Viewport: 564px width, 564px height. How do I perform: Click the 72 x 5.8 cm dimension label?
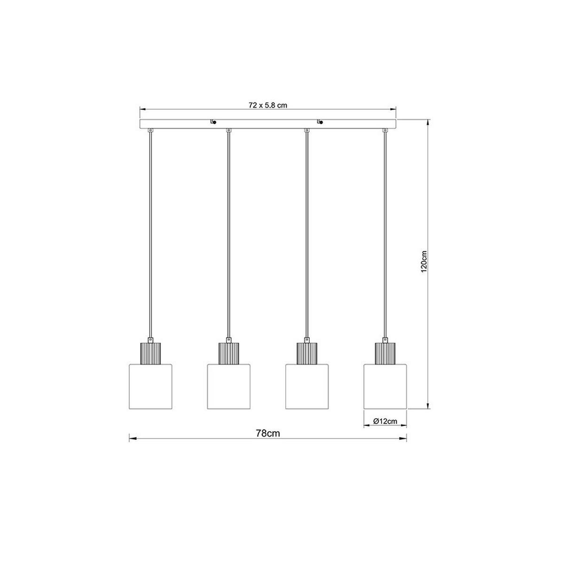click(x=268, y=105)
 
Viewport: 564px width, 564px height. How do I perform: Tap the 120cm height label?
click(x=424, y=262)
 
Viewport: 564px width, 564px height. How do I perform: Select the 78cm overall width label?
click(x=268, y=433)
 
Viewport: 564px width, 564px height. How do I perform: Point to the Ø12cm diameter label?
click(x=385, y=421)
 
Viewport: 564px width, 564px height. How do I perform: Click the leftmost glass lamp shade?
click(x=150, y=386)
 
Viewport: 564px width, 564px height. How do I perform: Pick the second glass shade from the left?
click(x=228, y=386)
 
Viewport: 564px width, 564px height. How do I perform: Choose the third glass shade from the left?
click(x=307, y=386)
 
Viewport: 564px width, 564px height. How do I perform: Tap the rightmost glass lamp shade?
click(x=385, y=386)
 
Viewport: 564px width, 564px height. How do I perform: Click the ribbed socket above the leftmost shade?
click(x=150, y=353)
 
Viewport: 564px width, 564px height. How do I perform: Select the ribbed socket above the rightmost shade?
click(x=385, y=353)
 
